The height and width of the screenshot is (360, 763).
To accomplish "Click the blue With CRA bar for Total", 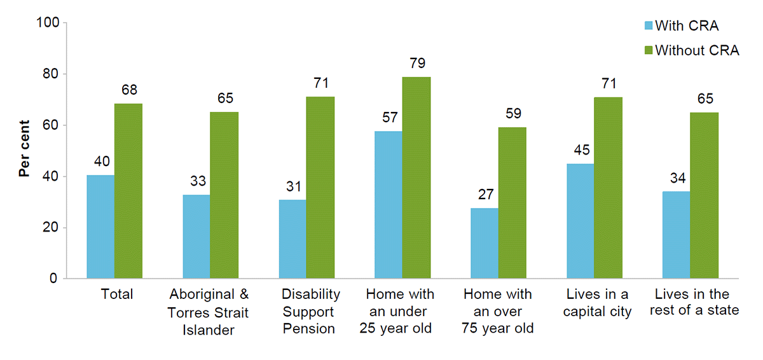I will coord(100,226).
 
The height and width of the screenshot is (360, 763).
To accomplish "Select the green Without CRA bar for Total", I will coord(128,191).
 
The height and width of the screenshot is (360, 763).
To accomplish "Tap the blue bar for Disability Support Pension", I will coord(292,239).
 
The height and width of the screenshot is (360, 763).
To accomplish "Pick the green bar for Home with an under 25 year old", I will coord(416,177).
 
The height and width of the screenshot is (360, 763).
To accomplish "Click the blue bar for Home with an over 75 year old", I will coord(485,243).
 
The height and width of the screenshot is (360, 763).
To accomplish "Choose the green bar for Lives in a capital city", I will coord(608,188).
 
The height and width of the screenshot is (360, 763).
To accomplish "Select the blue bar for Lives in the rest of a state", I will coord(677,235).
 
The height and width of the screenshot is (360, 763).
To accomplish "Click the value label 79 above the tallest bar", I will coord(418,63).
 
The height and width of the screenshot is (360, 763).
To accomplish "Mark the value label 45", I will coord(581,150).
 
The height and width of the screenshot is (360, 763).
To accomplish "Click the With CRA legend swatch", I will coord(649,26).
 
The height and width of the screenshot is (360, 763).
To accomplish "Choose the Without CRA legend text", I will coord(697,51).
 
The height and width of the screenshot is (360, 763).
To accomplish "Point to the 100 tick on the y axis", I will coord(50,24).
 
